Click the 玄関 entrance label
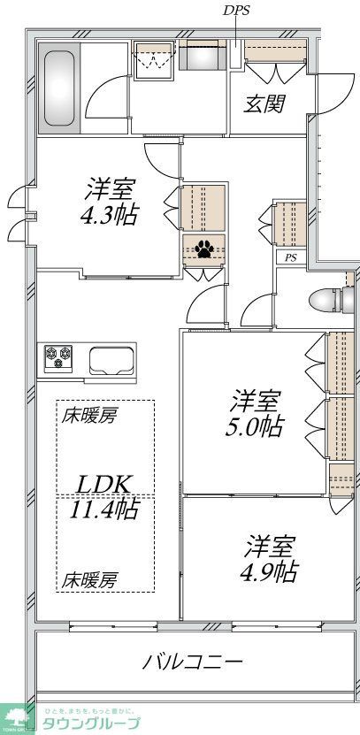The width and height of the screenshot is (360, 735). pyautogui.click(x=264, y=103)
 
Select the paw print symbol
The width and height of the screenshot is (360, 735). pyautogui.click(x=204, y=249)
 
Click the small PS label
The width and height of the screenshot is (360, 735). pyautogui.click(x=290, y=258)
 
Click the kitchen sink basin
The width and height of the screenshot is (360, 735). pyautogui.click(x=111, y=360)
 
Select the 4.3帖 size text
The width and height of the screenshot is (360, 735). pyautogui.click(x=112, y=215)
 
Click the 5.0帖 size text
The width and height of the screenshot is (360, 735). pyautogui.click(x=257, y=427)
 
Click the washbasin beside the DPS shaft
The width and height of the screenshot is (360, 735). pyautogui.click(x=204, y=58)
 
